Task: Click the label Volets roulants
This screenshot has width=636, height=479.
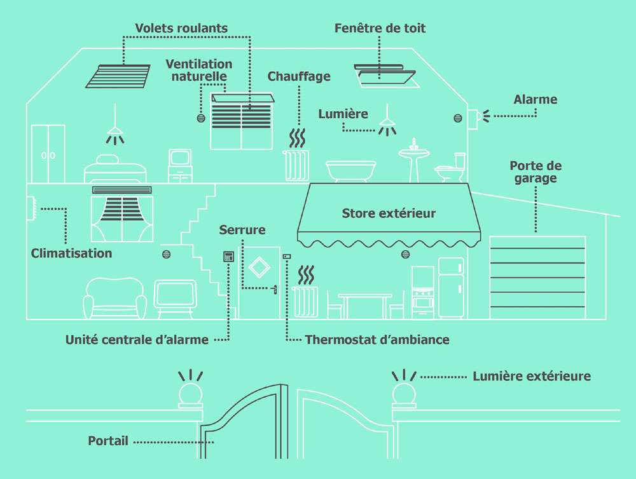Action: coord(181,29)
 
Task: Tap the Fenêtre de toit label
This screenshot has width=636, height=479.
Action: coord(380,29)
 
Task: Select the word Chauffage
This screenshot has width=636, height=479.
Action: coord(299,77)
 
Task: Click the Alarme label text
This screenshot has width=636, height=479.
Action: coord(535,100)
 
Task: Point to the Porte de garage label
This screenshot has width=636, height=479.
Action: coord(536,172)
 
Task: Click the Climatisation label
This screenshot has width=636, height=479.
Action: coord(71,253)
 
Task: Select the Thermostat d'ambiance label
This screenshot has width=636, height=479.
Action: coord(377,340)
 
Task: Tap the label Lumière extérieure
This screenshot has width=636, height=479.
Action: coord(532,376)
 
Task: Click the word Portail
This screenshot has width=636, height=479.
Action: coord(108,441)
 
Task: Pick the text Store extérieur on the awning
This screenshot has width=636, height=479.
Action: coord(389,213)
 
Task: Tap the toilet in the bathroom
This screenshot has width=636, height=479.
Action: coord(452,168)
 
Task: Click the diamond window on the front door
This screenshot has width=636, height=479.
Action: coord(258,269)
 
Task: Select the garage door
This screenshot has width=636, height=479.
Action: coord(537,276)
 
